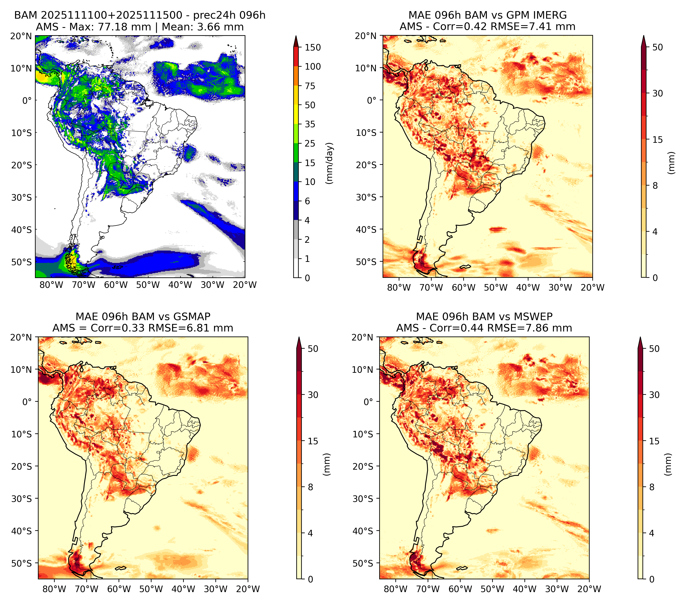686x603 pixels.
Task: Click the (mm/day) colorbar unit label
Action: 330,163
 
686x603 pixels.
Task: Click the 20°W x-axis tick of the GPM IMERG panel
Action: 592,288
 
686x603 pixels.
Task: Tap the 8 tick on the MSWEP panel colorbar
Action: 652,487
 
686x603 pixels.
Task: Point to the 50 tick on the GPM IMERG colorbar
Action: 658,47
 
